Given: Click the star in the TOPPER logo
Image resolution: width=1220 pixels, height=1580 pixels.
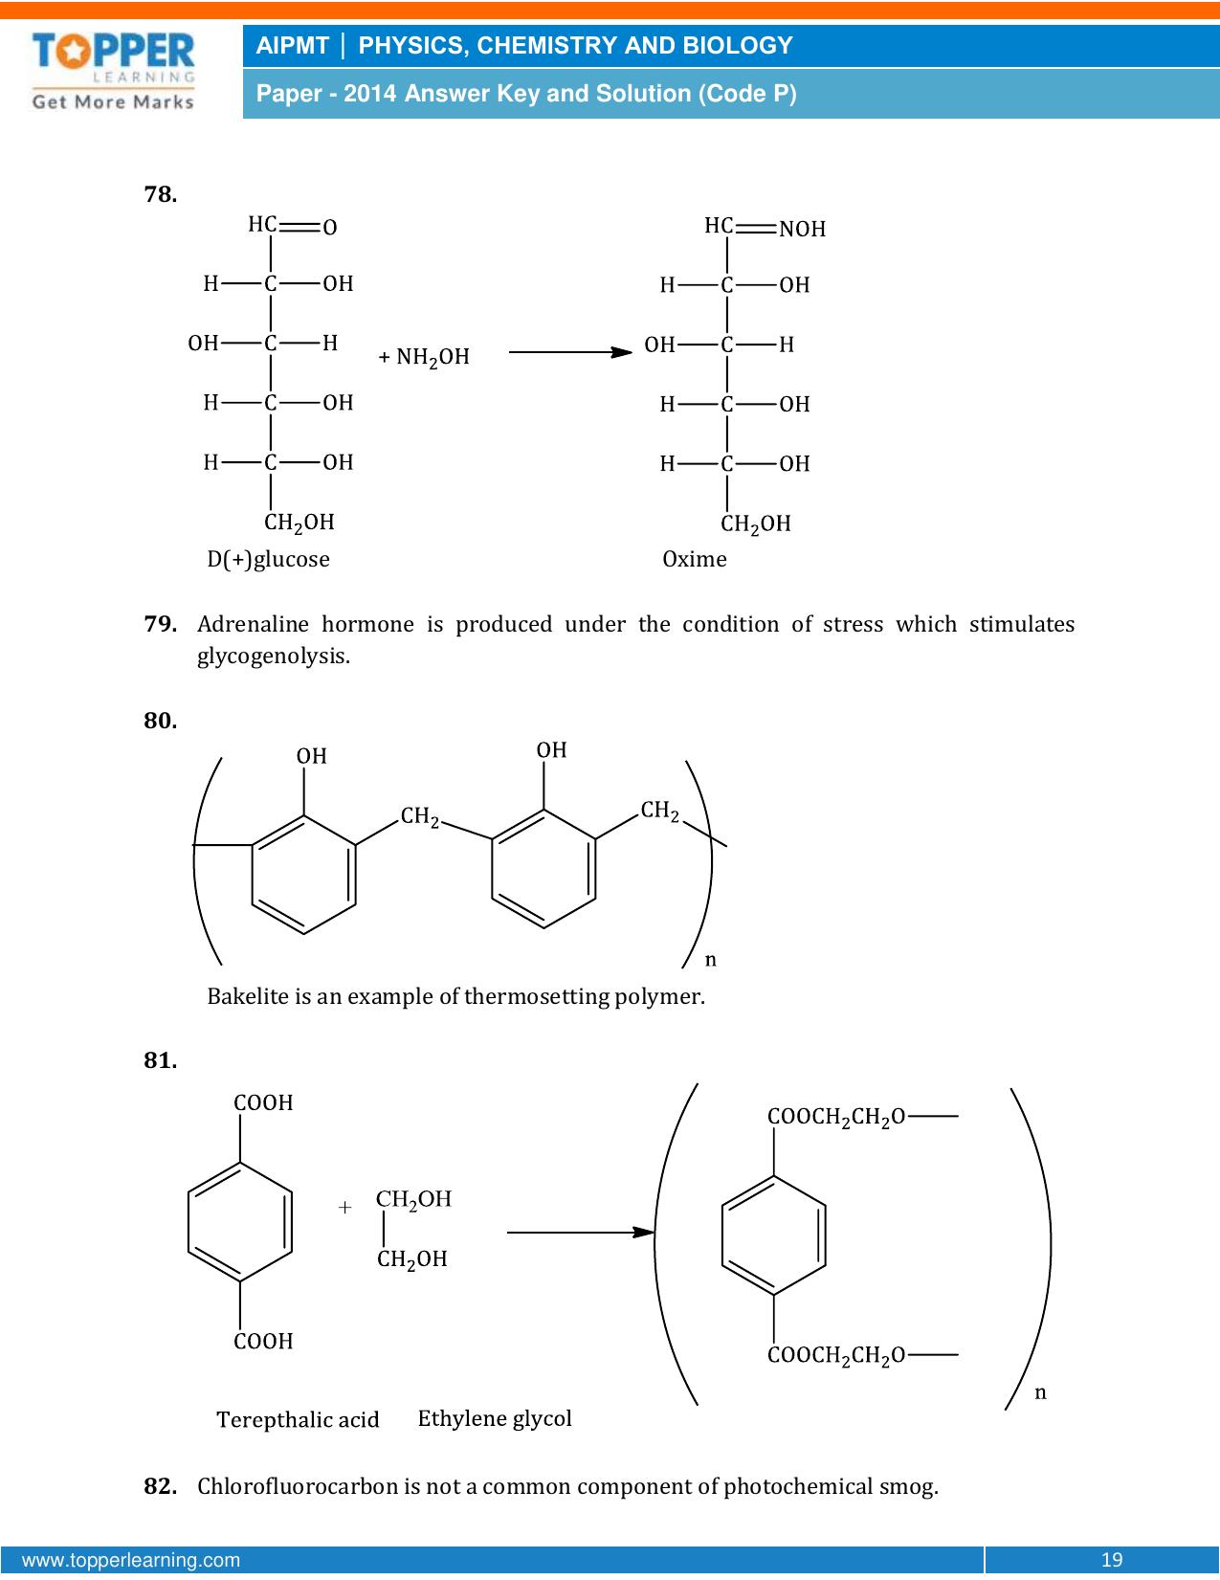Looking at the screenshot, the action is coord(72,52).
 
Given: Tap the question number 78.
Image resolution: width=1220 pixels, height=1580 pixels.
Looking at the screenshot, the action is coord(160,194).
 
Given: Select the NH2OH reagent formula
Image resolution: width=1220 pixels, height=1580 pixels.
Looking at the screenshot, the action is coord(424,357).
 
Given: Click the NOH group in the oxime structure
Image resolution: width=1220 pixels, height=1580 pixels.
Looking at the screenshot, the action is coord(802,229).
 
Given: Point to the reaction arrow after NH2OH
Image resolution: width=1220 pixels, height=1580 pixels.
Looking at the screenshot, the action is coord(570,352).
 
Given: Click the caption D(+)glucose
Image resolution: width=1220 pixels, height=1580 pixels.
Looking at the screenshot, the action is coord(268,559).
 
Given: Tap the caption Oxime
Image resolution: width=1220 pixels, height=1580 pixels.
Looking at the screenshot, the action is coord(695,559).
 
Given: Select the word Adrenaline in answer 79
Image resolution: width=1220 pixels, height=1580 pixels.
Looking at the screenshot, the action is coord(253,624).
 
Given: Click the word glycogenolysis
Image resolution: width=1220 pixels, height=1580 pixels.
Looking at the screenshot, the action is coord(274,656).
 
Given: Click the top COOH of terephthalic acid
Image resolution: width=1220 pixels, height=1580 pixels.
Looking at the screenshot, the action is coord(263,1103).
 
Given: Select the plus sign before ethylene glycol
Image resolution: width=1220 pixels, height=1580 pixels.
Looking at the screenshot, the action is coord(344,1208).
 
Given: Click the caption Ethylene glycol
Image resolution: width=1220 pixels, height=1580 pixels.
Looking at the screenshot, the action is coord(495,1418).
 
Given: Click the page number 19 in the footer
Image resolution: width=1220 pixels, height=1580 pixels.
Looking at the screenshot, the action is coord(1112,1560).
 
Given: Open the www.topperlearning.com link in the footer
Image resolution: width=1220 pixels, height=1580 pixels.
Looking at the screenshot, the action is coord(131,1560).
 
